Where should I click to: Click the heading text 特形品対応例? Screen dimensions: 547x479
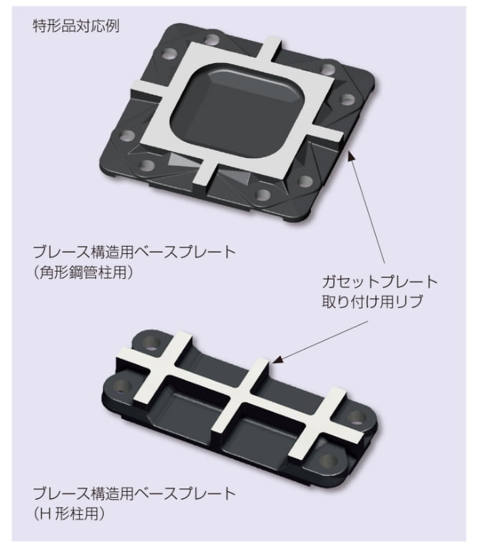tap(76, 26)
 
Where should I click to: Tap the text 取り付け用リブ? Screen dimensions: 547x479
tap(369, 301)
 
